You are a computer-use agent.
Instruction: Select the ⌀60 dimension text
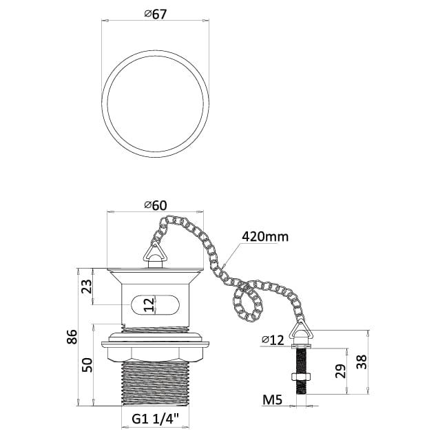tap(155, 205)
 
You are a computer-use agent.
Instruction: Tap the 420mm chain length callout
tap(264, 237)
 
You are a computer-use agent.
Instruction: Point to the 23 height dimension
tap(87, 286)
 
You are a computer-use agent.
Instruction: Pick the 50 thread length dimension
tap(87, 365)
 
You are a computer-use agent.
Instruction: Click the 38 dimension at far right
tap(361, 362)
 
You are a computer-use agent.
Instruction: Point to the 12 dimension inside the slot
tap(149, 304)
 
